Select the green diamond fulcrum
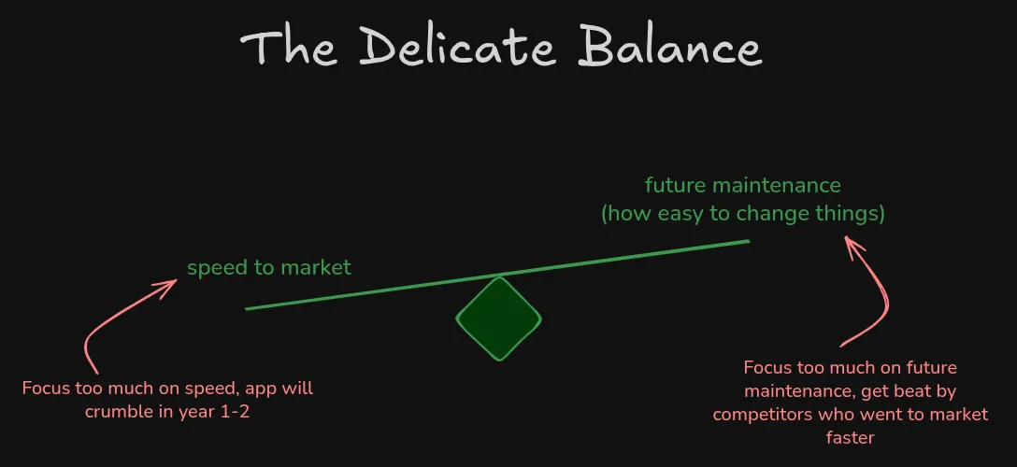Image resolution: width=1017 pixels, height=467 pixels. (x=499, y=318)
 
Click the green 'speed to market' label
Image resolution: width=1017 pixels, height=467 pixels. (x=269, y=268)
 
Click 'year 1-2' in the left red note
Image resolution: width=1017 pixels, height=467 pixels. (x=220, y=409)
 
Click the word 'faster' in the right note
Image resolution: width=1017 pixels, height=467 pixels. (x=850, y=436)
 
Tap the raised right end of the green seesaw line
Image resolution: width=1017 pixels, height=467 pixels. (x=748, y=242)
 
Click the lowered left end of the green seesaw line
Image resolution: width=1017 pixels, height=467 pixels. (x=248, y=308)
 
